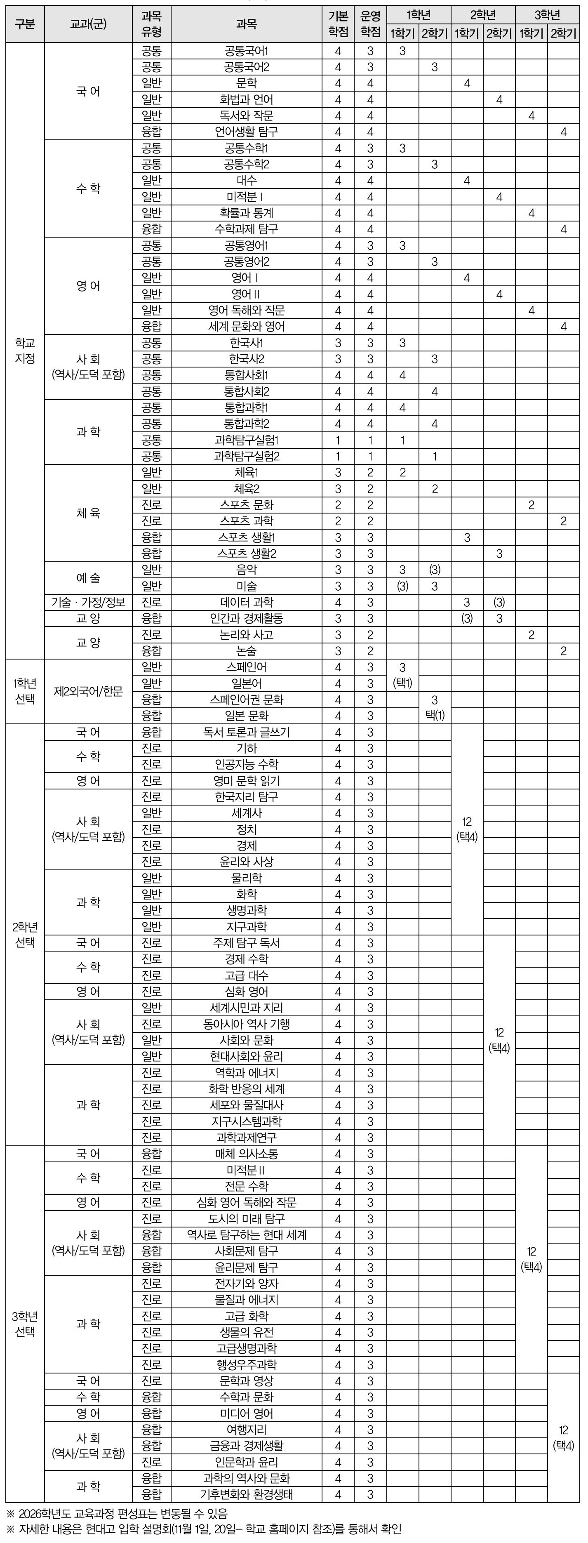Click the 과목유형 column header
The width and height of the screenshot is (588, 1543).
151,24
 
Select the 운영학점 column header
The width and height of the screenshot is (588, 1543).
370,24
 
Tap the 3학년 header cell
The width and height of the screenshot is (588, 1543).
547,15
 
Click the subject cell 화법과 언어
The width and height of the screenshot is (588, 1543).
246,99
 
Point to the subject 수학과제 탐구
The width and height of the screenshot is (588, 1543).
246,229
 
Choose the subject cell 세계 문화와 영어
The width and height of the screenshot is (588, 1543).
246,326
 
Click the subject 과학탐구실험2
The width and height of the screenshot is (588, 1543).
246,457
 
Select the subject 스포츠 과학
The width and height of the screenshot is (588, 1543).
246,521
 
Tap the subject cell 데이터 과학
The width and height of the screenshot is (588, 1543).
246,603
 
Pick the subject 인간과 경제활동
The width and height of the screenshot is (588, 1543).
246,619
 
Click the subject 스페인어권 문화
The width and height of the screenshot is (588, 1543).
246,700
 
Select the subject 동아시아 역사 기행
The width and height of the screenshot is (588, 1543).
246,1024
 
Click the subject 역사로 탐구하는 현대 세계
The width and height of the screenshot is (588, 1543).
246,1235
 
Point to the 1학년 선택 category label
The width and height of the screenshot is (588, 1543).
25,691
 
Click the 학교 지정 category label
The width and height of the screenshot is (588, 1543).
25,351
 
